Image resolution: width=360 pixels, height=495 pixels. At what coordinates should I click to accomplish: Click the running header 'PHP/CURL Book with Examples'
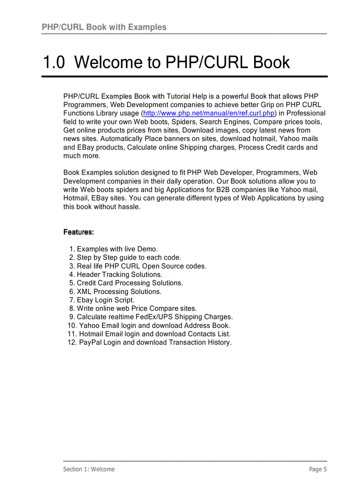pos(104,27)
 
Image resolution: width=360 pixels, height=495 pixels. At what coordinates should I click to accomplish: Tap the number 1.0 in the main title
pos(53,63)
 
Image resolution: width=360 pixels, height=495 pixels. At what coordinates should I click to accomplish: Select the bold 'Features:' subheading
pos(79,232)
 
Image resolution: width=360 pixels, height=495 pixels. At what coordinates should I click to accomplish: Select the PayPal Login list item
pos(155,342)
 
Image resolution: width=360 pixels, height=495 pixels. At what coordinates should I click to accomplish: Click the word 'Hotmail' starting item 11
pos(91,334)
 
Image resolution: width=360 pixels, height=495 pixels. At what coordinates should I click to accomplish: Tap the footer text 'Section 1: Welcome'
pos(89,469)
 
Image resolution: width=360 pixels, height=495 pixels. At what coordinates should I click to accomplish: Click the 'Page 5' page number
pos(318,469)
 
